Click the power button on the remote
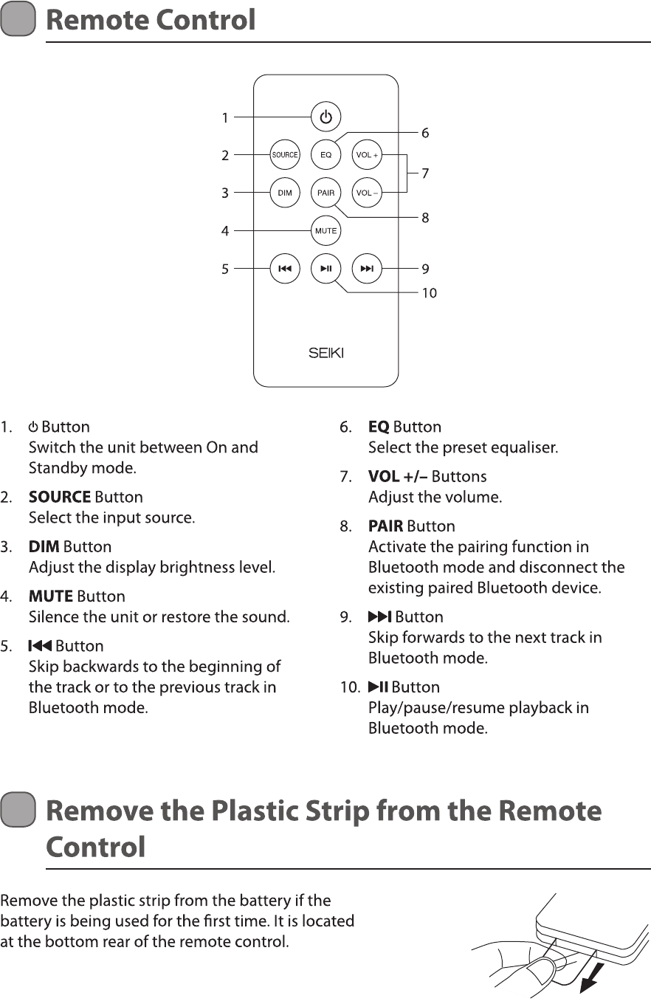[x=325, y=117]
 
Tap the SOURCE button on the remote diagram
[x=284, y=155]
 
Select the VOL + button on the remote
[x=367, y=155]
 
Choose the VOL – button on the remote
[x=367, y=193]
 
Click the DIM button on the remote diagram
[x=284, y=193]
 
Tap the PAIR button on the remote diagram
[x=325, y=193]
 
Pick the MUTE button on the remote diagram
[x=325, y=231]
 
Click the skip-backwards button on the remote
[x=284, y=269]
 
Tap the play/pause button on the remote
[x=325, y=269]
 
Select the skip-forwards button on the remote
[x=367, y=269]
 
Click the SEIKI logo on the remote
[x=325, y=353]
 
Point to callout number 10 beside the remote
[x=429, y=294]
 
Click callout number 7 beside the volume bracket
[x=425, y=174]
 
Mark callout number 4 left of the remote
[x=225, y=231]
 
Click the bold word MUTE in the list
[x=50, y=596]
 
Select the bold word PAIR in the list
[x=385, y=526]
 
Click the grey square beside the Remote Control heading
[x=18, y=19]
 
